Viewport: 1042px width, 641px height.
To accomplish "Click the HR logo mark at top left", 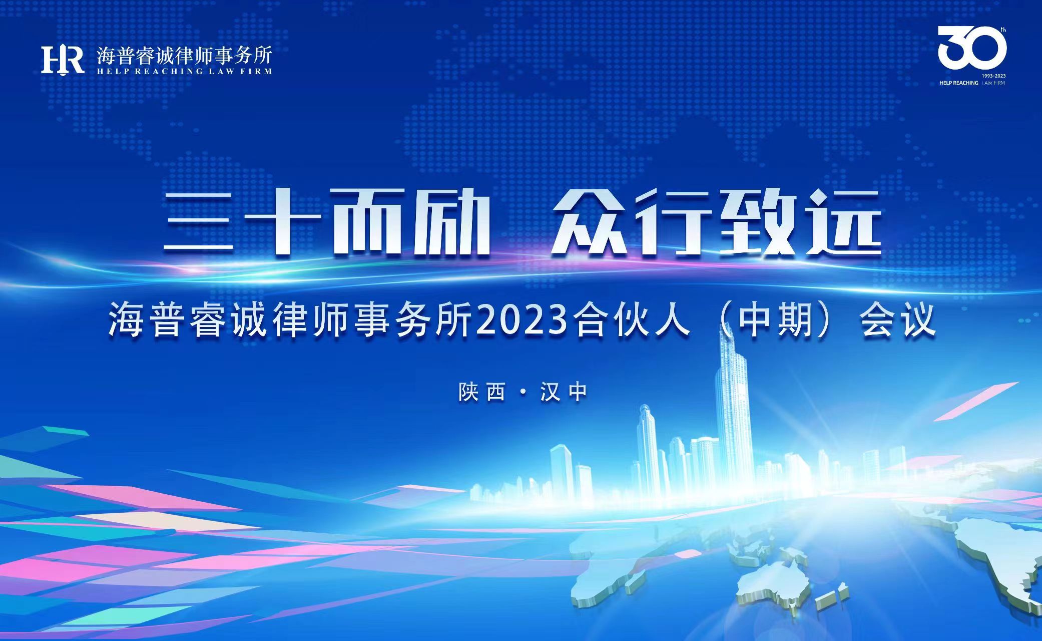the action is [63, 60].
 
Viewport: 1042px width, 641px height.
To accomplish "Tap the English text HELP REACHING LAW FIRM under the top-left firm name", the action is [185, 71].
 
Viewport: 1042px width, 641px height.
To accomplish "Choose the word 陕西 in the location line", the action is [481, 392].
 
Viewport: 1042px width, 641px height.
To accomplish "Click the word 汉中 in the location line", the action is [564, 392].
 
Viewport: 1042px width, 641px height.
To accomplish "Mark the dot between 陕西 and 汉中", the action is [523, 393].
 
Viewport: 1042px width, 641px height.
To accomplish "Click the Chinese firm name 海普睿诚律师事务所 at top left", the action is [185, 55].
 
